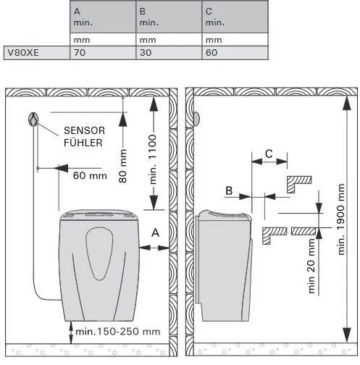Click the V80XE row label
coord(23,53)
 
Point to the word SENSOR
coord(84,131)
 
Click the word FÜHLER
coord(83,143)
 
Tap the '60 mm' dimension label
coord(90,176)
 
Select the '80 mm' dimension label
coord(123,166)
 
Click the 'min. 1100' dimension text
coord(153,159)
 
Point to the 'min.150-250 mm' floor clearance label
coord(118,332)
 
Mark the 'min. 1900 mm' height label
coord(340,219)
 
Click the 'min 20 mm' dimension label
coord(311,266)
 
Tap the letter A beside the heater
coord(155,232)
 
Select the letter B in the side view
coord(229,190)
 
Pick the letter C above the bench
coord(269,154)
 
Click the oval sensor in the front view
coord(33,119)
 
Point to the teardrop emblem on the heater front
coord(99,253)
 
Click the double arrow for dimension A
coord(154,248)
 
